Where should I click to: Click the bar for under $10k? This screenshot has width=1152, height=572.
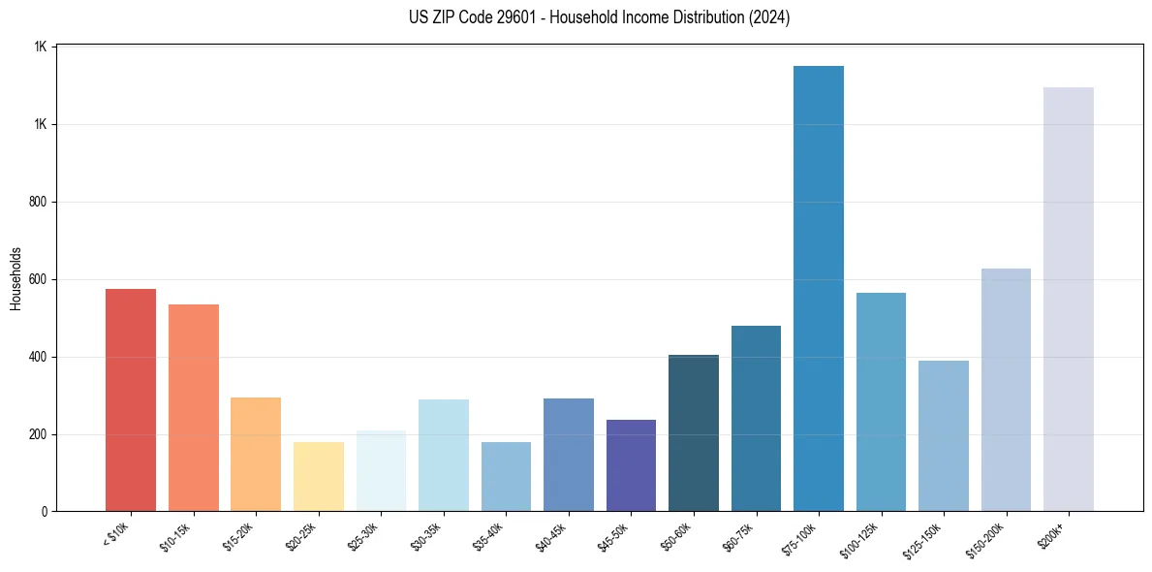click(131, 399)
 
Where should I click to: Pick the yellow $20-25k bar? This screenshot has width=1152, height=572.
click(319, 476)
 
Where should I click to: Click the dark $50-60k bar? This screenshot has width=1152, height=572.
click(694, 432)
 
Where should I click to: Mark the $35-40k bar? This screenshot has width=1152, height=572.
click(506, 476)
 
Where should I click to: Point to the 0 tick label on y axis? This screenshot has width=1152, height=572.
click(45, 511)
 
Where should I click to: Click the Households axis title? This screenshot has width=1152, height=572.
click(16, 278)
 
